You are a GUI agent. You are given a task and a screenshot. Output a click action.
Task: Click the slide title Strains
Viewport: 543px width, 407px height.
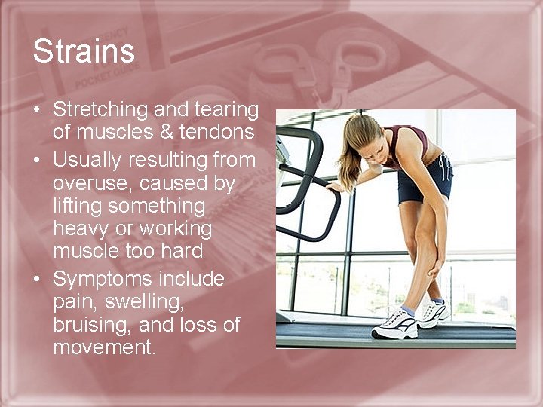coord(84,52)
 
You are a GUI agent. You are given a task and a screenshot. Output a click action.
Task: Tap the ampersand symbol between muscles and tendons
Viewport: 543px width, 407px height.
coord(168,132)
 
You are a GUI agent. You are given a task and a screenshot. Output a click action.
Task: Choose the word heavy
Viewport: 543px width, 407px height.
coord(84,228)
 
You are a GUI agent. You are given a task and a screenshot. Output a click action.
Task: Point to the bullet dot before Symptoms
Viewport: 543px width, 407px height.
coord(36,280)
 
